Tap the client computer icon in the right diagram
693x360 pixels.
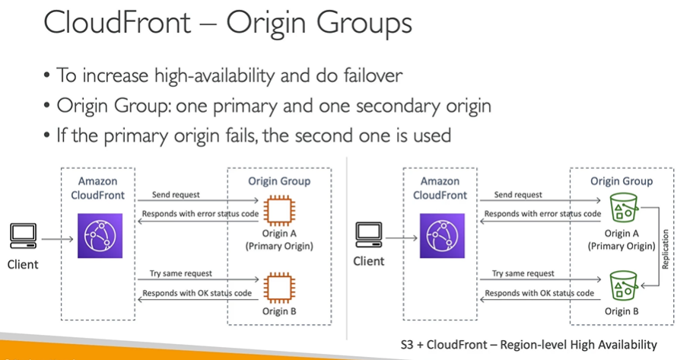(368, 234)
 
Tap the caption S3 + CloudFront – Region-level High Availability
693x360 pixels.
(528, 343)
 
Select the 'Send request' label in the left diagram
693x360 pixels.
(176, 196)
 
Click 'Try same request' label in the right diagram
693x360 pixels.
(523, 274)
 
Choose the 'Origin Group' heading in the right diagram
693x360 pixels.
(621, 181)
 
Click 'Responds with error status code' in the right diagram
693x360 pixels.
(542, 214)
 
